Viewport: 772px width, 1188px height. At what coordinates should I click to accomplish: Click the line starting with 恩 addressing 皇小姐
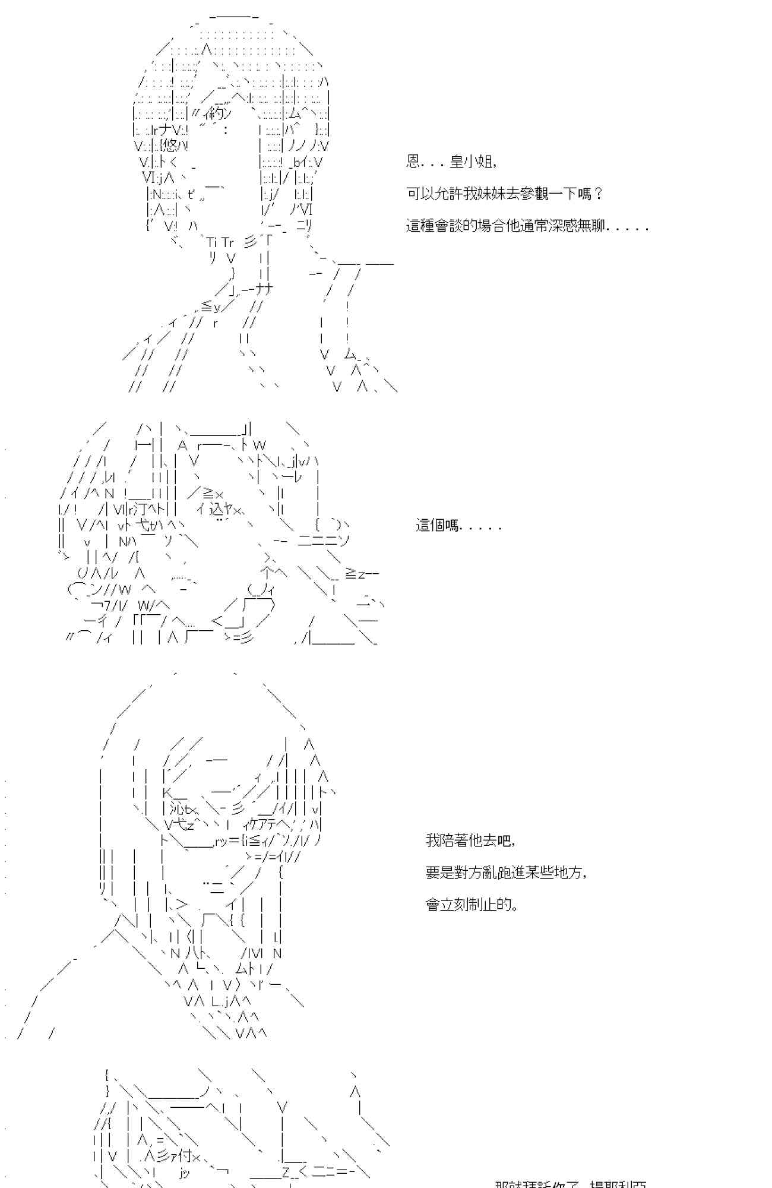(451, 162)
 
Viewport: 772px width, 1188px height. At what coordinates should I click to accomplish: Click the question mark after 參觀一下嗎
(599, 194)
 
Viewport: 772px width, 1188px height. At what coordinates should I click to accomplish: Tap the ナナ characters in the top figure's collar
(265, 289)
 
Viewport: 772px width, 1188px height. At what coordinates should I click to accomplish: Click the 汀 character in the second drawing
(141, 509)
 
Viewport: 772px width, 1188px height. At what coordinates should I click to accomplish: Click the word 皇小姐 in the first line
(471, 162)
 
